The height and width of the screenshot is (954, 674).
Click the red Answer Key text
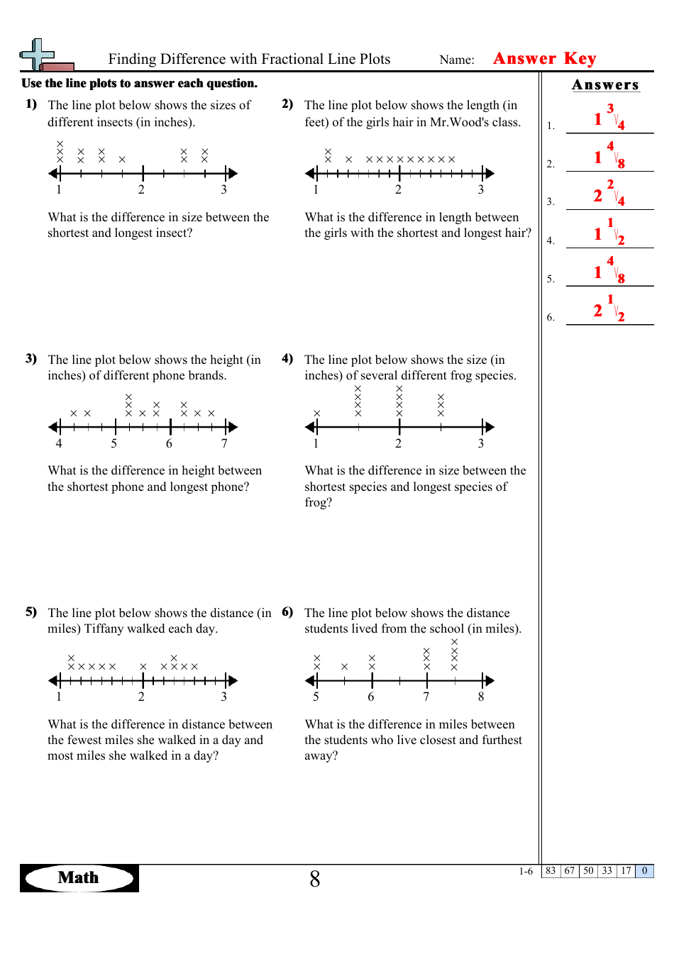click(544, 58)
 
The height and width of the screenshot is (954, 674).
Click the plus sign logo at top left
click(39, 55)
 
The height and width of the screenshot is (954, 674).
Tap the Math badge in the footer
click(79, 877)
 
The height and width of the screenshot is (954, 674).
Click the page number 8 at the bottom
click(315, 880)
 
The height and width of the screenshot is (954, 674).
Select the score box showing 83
click(551, 871)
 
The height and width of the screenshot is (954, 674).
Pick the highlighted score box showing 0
click(644, 871)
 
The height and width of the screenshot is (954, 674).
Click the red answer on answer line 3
click(609, 193)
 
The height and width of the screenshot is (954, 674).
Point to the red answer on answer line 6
click(609, 308)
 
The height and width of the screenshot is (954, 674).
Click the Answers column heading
click(605, 85)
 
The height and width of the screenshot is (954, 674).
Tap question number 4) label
click(287, 359)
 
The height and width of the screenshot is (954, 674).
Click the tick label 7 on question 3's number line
click(224, 443)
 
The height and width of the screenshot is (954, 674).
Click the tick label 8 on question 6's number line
click(481, 697)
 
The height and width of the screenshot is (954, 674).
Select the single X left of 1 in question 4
click(317, 413)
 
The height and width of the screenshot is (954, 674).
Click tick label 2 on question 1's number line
click(141, 189)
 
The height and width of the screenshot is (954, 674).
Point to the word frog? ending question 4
click(318, 502)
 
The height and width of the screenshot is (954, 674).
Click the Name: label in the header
click(457, 60)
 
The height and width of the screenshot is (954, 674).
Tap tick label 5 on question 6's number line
click(316, 697)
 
